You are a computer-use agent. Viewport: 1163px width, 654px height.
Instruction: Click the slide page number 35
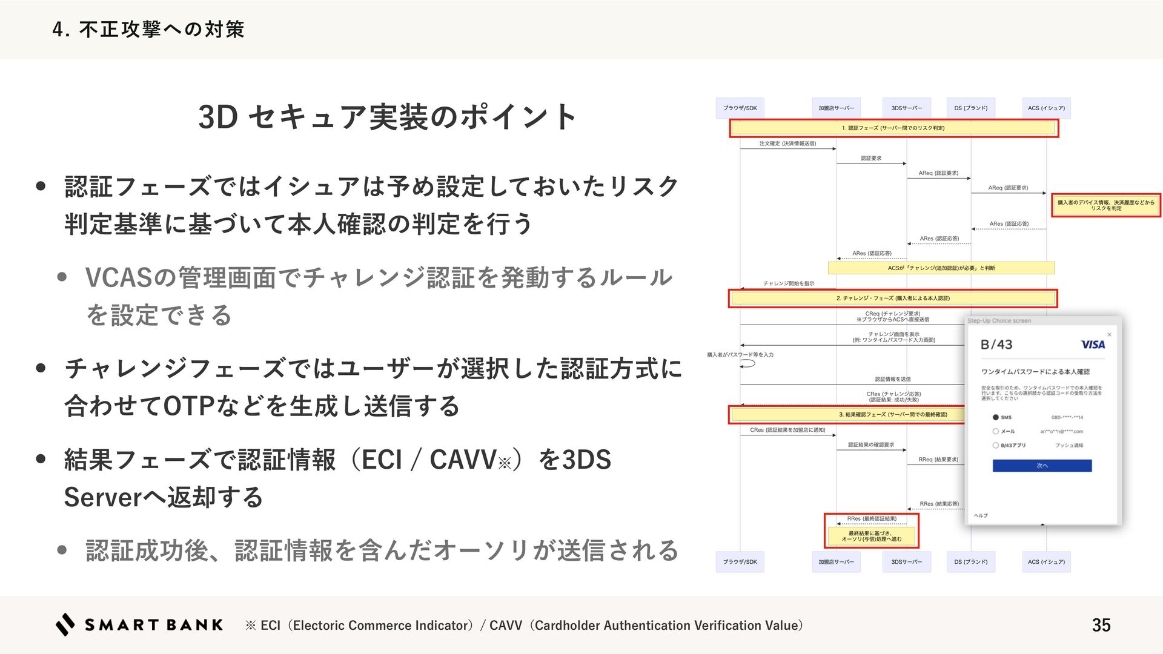(x=1101, y=625)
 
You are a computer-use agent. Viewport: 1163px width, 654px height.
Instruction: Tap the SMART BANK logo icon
(x=65, y=624)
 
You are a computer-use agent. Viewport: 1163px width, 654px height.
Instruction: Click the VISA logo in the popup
(x=1093, y=345)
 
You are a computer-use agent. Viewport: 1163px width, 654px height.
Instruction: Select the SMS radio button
(x=995, y=417)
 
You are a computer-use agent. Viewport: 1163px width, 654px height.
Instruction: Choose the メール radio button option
(x=995, y=431)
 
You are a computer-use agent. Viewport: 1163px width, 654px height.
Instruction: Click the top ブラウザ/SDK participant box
(x=740, y=108)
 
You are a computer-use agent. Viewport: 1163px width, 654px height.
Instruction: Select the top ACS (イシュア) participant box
(x=1046, y=108)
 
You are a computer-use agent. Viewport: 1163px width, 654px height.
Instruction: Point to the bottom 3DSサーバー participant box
(x=906, y=562)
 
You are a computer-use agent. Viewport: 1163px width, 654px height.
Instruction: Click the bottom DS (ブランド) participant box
(x=970, y=562)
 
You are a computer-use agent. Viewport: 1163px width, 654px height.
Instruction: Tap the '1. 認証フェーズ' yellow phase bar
(x=893, y=128)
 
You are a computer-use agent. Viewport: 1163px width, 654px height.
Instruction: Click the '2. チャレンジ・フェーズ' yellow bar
(x=893, y=298)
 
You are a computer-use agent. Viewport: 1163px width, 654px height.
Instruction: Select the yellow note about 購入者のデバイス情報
(x=1105, y=205)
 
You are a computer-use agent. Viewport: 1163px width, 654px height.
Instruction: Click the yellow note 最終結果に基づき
(x=871, y=536)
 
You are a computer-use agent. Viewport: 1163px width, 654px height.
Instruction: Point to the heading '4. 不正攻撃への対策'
(x=148, y=29)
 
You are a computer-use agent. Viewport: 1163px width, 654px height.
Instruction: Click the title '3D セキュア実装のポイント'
(x=387, y=117)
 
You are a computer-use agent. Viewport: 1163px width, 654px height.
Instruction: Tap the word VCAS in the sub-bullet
(x=119, y=277)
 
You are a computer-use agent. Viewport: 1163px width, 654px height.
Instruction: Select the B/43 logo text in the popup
(x=996, y=345)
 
